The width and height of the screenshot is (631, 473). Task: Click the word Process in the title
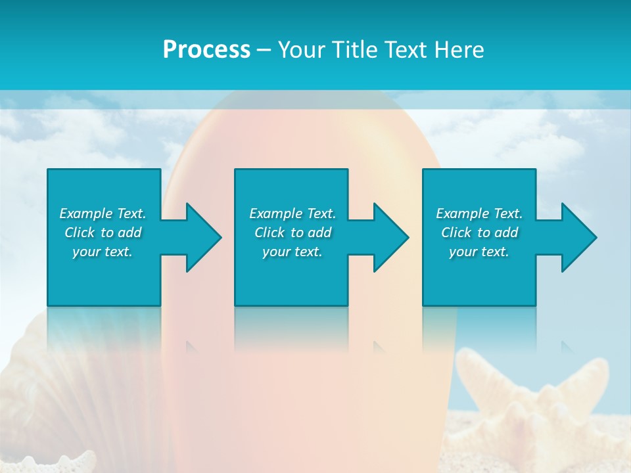[206, 50]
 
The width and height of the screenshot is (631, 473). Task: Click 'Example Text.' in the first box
[103, 214]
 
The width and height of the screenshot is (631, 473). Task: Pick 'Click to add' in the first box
[103, 233]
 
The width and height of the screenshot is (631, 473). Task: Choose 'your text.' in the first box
[103, 252]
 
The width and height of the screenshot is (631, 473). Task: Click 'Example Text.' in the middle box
[292, 214]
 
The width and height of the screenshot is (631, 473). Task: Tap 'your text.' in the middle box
[292, 252]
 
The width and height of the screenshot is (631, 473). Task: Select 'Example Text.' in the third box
[479, 214]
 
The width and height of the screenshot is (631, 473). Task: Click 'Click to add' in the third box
[480, 233]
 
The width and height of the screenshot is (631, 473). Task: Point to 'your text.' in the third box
[479, 252]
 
